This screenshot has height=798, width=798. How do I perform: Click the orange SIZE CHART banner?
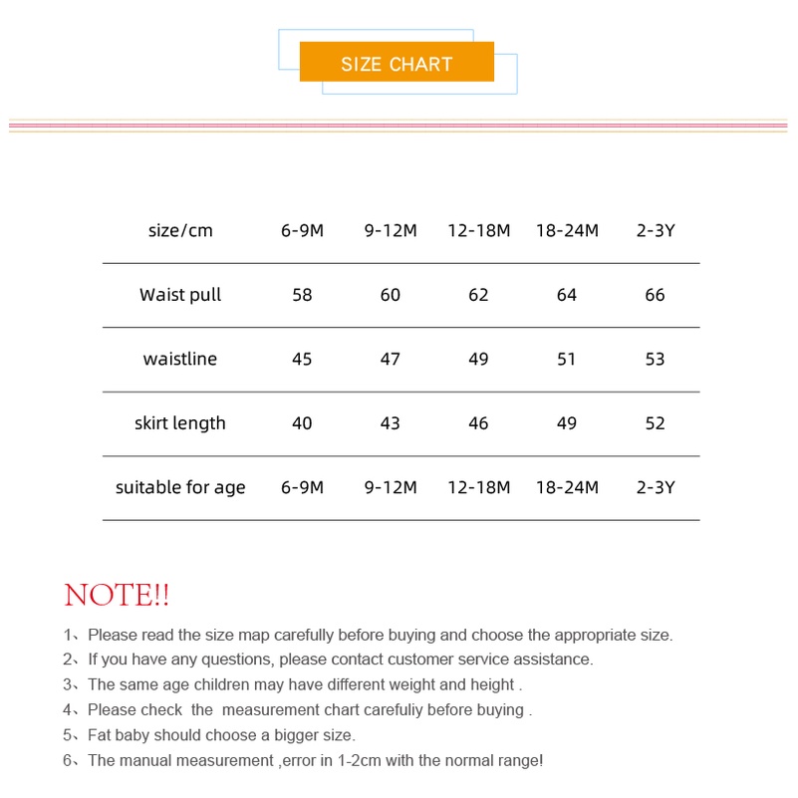pyautogui.click(x=397, y=63)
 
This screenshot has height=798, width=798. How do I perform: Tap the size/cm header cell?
pyautogui.click(x=180, y=230)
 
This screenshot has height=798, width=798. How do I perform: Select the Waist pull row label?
pyautogui.click(x=180, y=295)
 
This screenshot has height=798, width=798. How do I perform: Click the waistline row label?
pyautogui.click(x=180, y=359)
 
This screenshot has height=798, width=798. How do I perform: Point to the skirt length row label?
pyautogui.click(x=180, y=423)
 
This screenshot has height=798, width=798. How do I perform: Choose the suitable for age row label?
pyautogui.click(x=180, y=487)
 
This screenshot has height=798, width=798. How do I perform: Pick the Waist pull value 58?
pyautogui.click(x=302, y=295)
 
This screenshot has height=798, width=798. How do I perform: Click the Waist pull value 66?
pyautogui.click(x=655, y=295)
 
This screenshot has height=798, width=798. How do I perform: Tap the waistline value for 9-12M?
pyautogui.click(x=391, y=359)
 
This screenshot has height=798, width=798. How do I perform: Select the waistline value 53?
pyautogui.click(x=655, y=359)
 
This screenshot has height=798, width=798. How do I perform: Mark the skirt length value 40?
pyautogui.click(x=302, y=423)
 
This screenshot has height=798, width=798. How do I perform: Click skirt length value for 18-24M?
pyautogui.click(x=567, y=423)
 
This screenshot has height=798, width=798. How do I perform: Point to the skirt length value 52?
pyautogui.click(x=655, y=423)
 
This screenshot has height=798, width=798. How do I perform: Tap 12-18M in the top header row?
pyautogui.click(x=478, y=230)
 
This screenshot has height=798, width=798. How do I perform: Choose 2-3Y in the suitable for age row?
pyautogui.click(x=655, y=487)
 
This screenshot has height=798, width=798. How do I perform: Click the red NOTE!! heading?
pyautogui.click(x=117, y=596)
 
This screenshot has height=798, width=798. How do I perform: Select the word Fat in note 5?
pyautogui.click(x=100, y=735)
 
